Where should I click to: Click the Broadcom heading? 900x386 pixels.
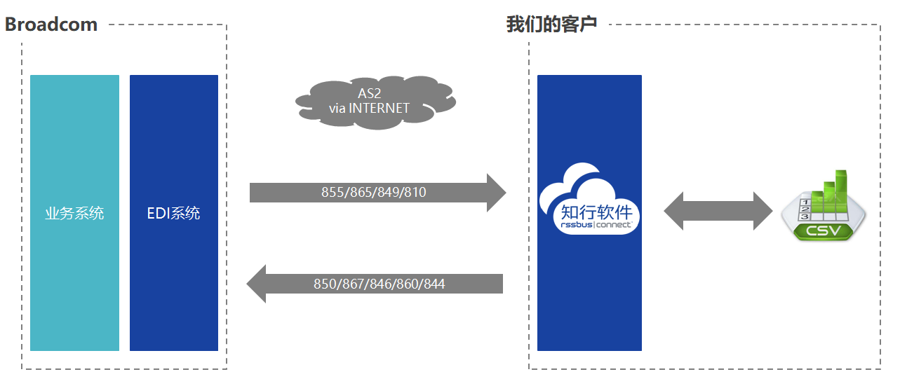(x=51, y=25)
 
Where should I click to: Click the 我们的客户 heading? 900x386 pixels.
(x=551, y=24)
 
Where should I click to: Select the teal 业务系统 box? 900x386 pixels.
(x=75, y=213)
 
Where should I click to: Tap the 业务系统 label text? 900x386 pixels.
(x=75, y=213)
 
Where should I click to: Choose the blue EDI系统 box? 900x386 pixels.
(x=174, y=213)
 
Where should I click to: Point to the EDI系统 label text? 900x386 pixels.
(x=173, y=213)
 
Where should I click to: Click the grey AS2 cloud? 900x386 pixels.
(x=376, y=102)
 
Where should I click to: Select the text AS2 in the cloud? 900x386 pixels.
(x=369, y=93)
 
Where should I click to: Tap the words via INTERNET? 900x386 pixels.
(x=369, y=109)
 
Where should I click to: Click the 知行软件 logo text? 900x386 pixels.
(x=597, y=212)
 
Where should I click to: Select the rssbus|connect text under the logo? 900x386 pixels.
(x=596, y=225)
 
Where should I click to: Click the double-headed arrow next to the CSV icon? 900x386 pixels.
(x=718, y=211)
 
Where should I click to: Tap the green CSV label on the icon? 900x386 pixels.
(x=824, y=230)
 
